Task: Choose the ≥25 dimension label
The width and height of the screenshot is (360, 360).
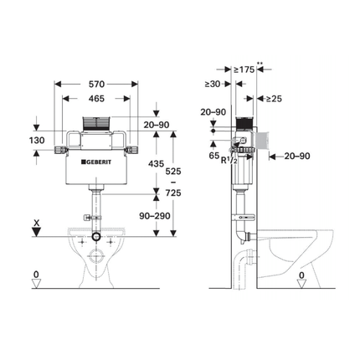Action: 274,99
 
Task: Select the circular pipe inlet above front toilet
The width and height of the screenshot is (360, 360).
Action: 98,238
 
